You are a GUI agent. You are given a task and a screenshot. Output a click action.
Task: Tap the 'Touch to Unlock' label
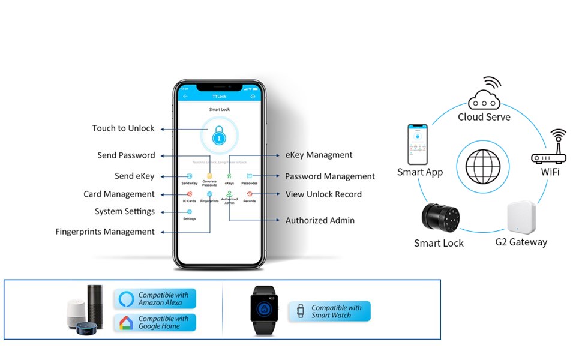click(x=123, y=128)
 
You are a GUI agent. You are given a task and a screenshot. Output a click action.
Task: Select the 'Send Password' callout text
click(x=126, y=155)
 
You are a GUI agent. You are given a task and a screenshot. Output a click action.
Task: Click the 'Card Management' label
click(x=119, y=194)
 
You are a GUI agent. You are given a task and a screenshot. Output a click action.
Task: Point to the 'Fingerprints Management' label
click(x=105, y=232)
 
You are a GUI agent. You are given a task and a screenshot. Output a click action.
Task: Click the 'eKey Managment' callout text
click(x=319, y=155)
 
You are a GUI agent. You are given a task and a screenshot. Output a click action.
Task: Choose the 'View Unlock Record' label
click(x=323, y=194)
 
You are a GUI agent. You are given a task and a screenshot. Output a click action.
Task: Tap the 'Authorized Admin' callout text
click(x=320, y=221)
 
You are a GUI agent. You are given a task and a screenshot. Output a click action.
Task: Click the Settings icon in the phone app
click(x=190, y=212)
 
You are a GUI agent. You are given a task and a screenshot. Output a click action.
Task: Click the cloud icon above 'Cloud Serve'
click(x=484, y=96)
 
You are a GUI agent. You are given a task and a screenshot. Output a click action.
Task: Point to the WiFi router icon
click(x=549, y=150)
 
